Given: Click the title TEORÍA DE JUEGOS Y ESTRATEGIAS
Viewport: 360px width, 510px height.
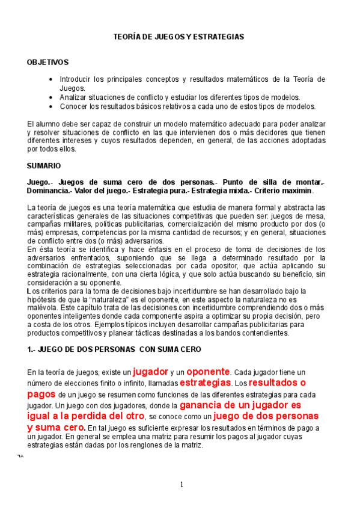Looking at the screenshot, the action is (179, 37).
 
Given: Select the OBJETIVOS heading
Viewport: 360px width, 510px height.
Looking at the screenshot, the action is (48, 62).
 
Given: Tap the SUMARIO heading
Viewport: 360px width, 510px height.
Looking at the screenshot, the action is (44, 164).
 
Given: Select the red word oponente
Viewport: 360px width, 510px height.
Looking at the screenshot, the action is (208, 371).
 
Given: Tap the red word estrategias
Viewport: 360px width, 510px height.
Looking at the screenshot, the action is (205, 382).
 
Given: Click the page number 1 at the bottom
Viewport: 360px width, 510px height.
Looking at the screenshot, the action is (181, 485).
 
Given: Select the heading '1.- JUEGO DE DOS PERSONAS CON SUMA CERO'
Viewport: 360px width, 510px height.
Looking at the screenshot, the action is (114, 349).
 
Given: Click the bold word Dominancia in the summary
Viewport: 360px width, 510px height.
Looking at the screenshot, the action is (50, 191).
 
